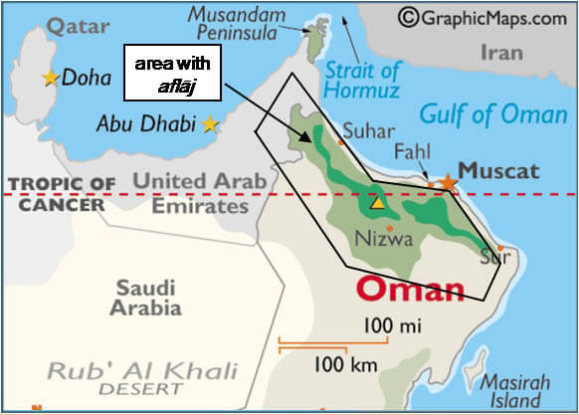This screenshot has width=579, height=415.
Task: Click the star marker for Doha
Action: [x=50, y=78]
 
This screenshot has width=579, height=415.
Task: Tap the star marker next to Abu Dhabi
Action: [x=210, y=124]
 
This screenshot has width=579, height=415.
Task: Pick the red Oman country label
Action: [x=411, y=291]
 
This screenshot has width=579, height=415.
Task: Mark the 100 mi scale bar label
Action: [x=392, y=325]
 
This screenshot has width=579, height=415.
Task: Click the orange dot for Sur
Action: [x=500, y=248]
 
